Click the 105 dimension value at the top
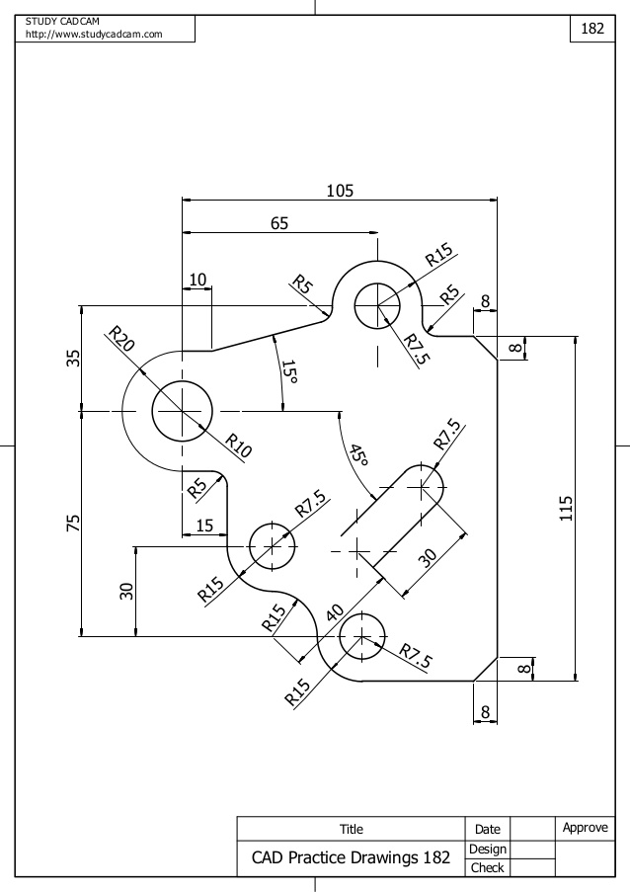340,190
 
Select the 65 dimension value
279,224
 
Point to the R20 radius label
121,340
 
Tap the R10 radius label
237,446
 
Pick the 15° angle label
288,373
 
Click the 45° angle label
357,454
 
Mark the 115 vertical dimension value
565,508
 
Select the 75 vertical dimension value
73,524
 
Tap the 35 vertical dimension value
73,358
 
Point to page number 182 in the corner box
591,29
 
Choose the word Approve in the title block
586,828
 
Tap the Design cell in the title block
488,849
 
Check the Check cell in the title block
488,867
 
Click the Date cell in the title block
488,830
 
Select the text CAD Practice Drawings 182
351,857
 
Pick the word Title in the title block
352,830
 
